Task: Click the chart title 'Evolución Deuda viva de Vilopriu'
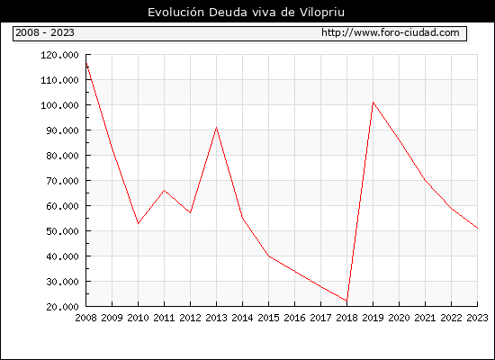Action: coord(246,13)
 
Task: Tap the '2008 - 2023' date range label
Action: coord(45,32)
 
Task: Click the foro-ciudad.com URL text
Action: coord(391,32)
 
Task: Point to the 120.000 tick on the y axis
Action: coord(59,55)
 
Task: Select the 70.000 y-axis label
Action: coord(62,181)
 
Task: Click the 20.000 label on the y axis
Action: coord(62,307)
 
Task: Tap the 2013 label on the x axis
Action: coord(216,318)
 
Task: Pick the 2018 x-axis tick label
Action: coord(346,318)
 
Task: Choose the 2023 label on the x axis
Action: coord(477,318)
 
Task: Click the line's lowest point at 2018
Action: coord(346,301)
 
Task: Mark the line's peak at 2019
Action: coord(373,103)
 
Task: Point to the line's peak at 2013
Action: coord(216,128)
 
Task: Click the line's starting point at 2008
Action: coord(86,63)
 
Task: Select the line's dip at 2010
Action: coord(139,223)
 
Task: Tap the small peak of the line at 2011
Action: coord(164,190)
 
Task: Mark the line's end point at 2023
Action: coord(477,228)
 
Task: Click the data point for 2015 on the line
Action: coord(269,256)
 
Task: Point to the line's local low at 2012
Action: coord(191,212)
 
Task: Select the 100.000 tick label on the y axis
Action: coord(59,105)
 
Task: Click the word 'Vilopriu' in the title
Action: coord(321,13)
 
